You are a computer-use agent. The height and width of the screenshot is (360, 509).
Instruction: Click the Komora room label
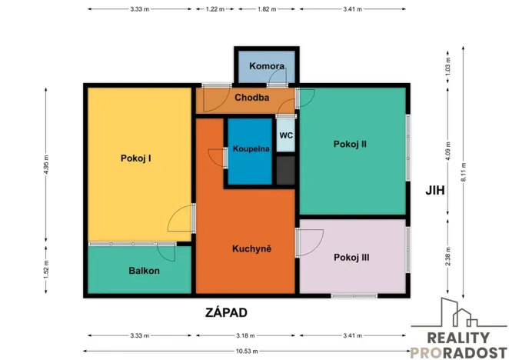[x=268, y=66]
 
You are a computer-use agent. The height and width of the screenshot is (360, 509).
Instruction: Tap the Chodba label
[x=251, y=98]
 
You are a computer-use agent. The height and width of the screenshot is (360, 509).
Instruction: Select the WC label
[x=285, y=135]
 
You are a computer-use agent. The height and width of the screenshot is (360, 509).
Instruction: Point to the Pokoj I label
[x=135, y=158]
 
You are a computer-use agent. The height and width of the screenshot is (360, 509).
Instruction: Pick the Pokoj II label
[x=349, y=143]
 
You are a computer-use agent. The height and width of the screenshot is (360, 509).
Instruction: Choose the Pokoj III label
[x=351, y=258]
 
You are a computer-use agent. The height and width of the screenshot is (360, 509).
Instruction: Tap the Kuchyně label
[x=252, y=248]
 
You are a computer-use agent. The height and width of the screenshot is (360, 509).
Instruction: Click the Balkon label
[x=144, y=271]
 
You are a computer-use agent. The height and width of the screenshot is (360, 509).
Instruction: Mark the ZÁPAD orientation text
[x=227, y=312]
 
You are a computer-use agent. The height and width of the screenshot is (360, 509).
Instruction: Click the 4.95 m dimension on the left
[x=47, y=163]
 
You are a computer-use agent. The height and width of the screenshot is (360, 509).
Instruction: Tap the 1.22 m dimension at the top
[x=215, y=9]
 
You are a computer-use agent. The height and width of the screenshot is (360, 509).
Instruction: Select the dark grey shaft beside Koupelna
[x=285, y=170]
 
